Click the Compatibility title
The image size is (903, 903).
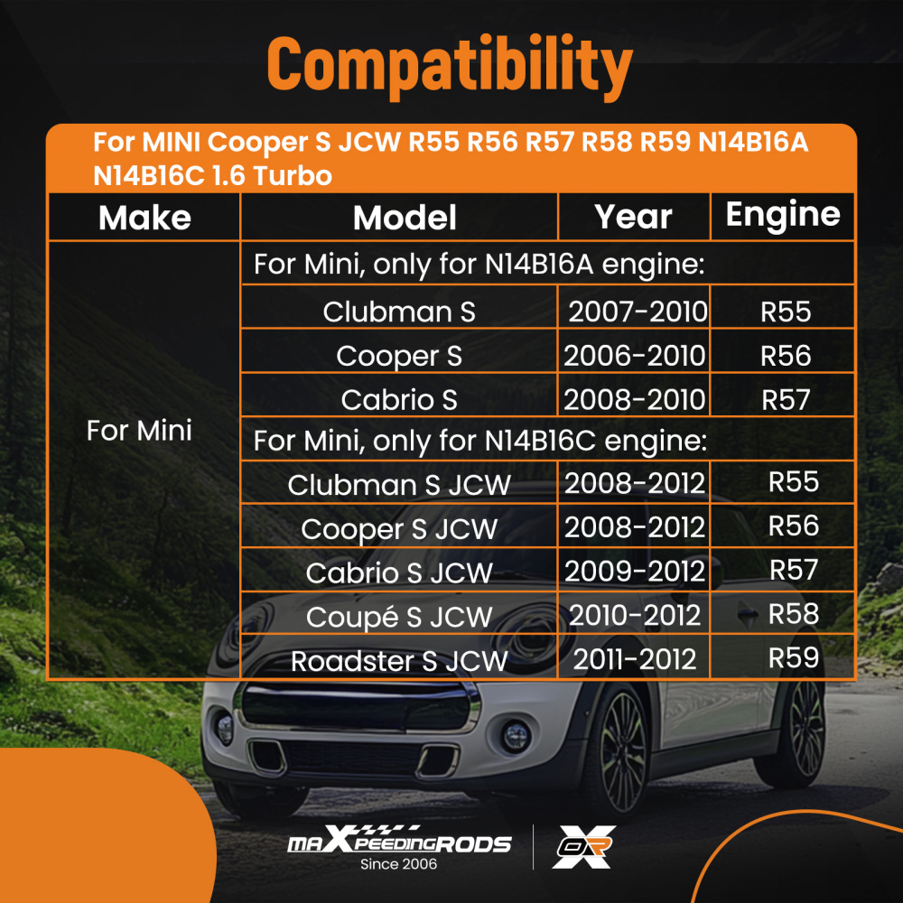coord(450,66)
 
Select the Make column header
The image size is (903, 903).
coord(144,218)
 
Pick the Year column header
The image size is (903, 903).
coord(633,217)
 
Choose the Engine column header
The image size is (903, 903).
coord(783,215)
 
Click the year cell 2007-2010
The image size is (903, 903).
coord(638,312)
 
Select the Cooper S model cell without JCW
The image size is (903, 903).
coord(399,356)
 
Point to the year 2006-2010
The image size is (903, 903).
coord(635,355)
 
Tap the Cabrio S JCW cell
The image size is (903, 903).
coord(399,573)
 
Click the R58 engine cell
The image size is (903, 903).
coord(793,614)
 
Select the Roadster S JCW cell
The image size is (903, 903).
coord(399,660)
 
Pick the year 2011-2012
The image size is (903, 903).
coord(635,659)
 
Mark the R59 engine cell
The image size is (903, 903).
coord(793,657)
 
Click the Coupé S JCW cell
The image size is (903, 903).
coord(399,617)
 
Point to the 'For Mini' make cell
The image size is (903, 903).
coord(139,431)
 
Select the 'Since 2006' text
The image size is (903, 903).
coord(398,864)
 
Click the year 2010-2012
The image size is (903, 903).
coord(635,615)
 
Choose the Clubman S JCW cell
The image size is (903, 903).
coord(399,485)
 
